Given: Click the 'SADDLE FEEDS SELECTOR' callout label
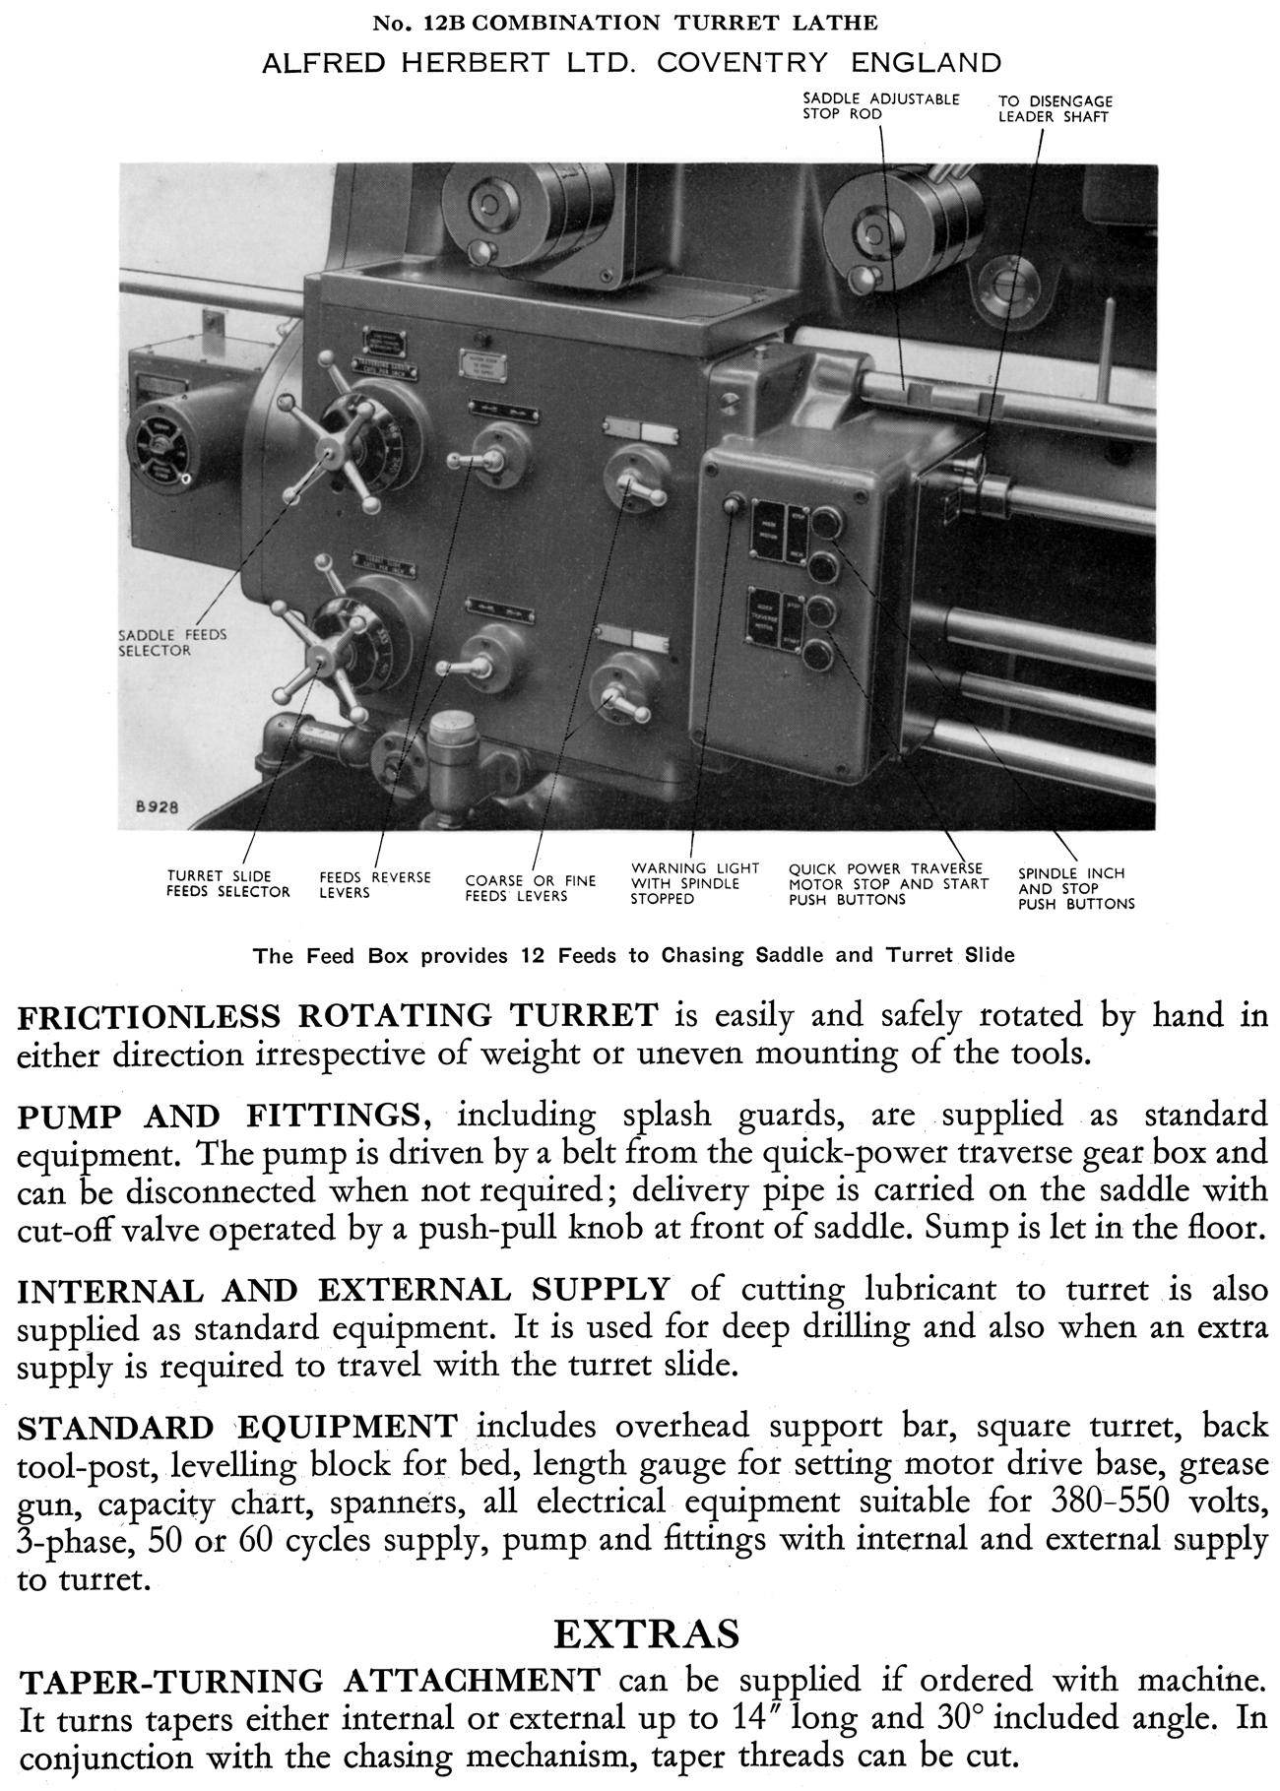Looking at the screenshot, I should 165,642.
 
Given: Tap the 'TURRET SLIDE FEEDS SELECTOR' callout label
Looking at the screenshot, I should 228,883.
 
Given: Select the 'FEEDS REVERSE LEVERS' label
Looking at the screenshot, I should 374,884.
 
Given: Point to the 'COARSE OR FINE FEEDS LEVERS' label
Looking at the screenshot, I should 531,887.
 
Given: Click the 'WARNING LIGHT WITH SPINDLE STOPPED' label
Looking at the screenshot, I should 694,883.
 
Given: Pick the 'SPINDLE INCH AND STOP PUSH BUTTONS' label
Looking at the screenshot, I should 1075,888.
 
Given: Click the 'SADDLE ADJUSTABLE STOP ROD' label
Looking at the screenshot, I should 880,106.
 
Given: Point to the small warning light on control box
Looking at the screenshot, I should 731,506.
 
